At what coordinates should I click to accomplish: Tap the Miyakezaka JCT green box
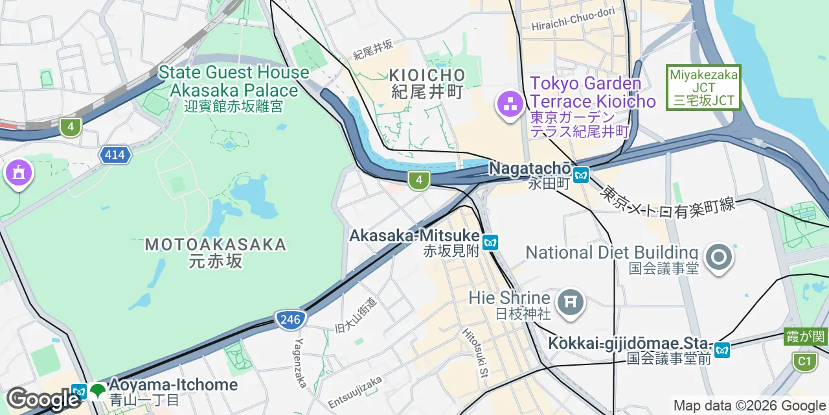coord(704,88)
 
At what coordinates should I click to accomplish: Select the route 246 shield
coord(290,319)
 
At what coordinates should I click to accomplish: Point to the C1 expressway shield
coord(804,361)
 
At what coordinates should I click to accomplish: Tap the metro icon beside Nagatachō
coord(581,174)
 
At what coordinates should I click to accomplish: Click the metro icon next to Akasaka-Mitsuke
coord(490,243)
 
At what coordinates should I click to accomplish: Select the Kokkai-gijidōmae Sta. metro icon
coord(722,350)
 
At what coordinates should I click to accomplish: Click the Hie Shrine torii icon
coord(571,302)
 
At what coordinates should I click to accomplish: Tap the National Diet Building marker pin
coord(718,257)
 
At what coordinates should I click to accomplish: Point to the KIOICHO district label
coord(428,75)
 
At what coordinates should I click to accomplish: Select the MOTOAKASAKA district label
coord(216,244)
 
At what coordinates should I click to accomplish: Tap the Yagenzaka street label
coord(301,362)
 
